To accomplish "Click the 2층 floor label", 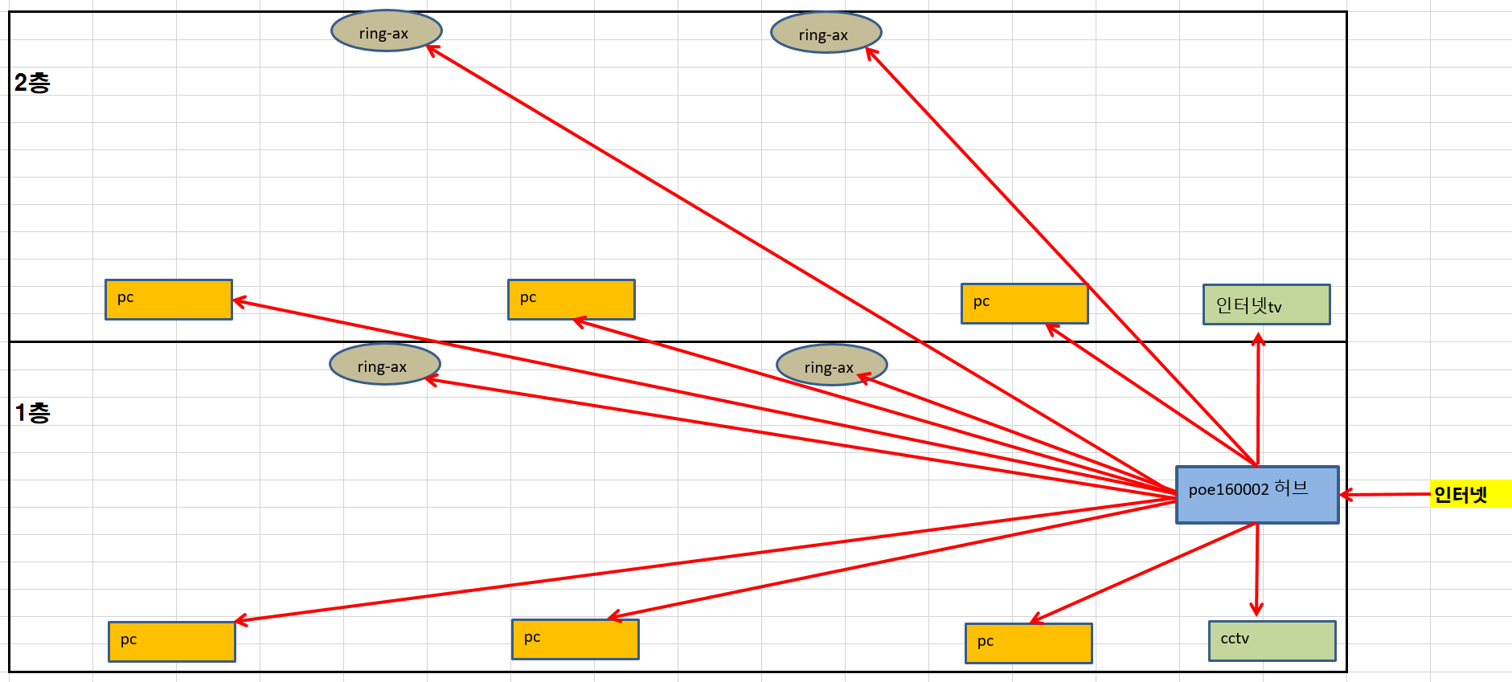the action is pos(32,82).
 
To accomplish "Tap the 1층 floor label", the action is pos(32,412).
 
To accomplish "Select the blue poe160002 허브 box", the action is pos(1257,495).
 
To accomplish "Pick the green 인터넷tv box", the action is pos(1266,304).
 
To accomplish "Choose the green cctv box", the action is pos(1272,641).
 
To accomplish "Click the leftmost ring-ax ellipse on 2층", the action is pos(387,31).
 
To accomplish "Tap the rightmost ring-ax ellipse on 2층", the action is pos(826,33).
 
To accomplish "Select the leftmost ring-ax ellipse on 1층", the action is pos(385,365).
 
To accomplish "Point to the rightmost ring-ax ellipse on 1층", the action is pos(832,366).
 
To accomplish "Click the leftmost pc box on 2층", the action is pos(169,300).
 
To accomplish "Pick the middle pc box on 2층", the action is pos(572,300).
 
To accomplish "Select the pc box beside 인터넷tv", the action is pos(1025,304).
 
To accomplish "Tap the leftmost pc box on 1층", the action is pos(172,642).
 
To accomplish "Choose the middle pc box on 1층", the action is pos(576,639).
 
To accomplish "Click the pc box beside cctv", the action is pos(1029,643).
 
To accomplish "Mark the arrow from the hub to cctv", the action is pos(1257,570).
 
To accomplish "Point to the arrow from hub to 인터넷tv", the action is pos(1258,399).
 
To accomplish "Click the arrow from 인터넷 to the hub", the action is pos(1385,494).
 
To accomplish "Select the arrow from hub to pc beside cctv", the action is pos(1143,573).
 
